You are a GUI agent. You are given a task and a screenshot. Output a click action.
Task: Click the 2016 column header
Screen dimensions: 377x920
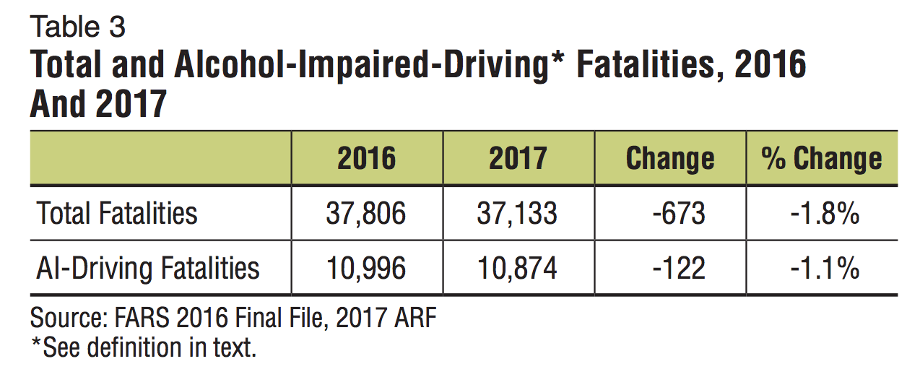click(x=366, y=158)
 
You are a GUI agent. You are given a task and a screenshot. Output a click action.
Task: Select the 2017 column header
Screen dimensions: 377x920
click(x=518, y=158)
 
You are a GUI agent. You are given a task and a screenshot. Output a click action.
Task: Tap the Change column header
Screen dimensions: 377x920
click(x=669, y=158)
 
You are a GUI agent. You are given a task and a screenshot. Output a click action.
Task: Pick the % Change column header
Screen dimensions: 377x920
click(x=821, y=158)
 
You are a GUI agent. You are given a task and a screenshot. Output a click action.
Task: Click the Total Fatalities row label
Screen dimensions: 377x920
click(x=117, y=214)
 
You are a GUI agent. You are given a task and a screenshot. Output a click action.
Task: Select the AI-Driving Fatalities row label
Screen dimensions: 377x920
click(x=148, y=269)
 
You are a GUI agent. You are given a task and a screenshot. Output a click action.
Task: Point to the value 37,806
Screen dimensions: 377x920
click(x=366, y=214)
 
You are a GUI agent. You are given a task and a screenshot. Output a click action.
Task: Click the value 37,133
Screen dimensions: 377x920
click(x=518, y=214)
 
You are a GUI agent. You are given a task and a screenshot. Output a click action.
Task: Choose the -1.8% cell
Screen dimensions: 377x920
click(x=823, y=214)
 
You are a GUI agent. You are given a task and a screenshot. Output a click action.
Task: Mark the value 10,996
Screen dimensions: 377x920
click(x=366, y=269)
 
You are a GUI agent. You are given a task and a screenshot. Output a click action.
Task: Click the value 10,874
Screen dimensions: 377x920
click(x=518, y=269)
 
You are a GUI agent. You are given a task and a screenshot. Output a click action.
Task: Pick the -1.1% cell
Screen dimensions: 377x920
click(x=823, y=269)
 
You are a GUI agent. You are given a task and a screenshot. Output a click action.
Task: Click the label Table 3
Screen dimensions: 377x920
click(x=77, y=27)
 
